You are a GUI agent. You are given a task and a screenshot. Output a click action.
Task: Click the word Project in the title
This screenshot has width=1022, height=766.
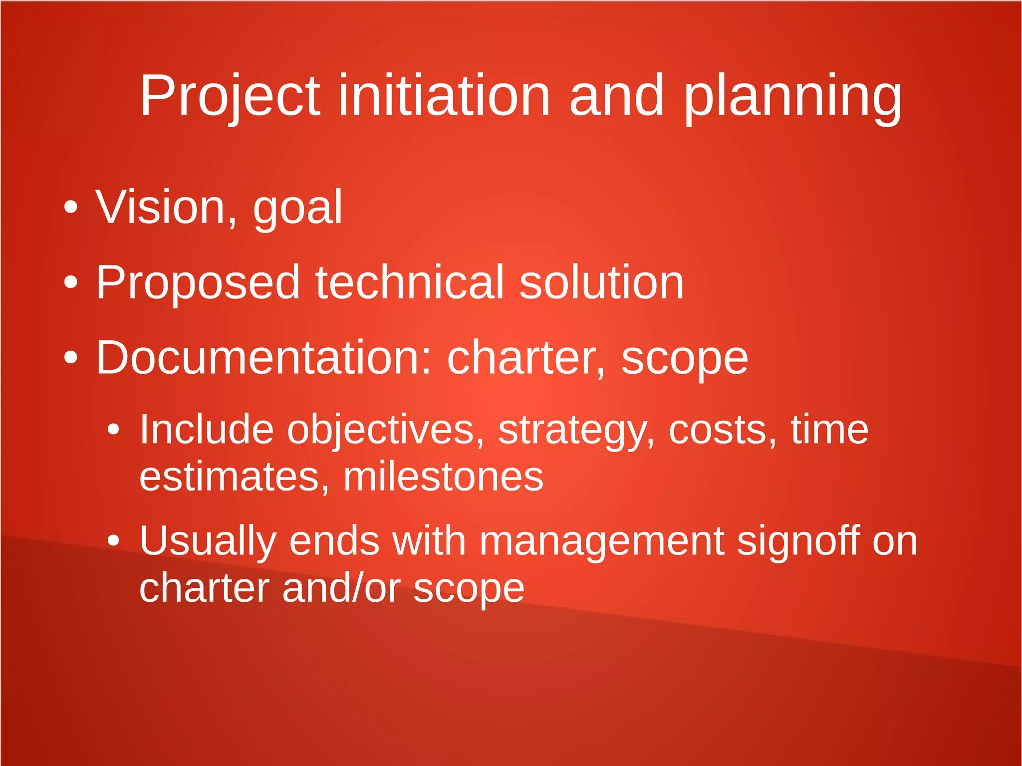[x=230, y=96]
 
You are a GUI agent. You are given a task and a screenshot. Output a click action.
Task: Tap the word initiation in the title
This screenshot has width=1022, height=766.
[x=444, y=96]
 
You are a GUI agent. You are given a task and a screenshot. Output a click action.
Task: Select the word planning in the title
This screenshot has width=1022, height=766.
[x=792, y=96]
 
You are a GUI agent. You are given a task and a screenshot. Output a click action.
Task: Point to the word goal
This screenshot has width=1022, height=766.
[x=298, y=207]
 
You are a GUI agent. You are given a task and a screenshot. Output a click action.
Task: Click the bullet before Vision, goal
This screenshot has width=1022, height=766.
[x=71, y=207]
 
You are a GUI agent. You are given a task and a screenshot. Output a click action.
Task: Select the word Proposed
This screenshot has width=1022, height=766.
[x=198, y=283]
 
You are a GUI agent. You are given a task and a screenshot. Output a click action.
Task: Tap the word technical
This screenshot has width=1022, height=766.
[x=409, y=283]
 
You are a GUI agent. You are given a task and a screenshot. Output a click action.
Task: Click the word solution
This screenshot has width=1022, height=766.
[x=601, y=283]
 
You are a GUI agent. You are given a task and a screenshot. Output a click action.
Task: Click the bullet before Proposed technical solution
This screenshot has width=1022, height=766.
[x=71, y=283]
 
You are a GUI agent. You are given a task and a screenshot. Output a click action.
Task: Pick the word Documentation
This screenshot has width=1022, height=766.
[x=263, y=358]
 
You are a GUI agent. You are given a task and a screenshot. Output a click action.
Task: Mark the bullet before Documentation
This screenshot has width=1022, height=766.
[x=71, y=358]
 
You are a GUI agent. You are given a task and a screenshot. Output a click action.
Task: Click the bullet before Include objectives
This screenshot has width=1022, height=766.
[x=114, y=430]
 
